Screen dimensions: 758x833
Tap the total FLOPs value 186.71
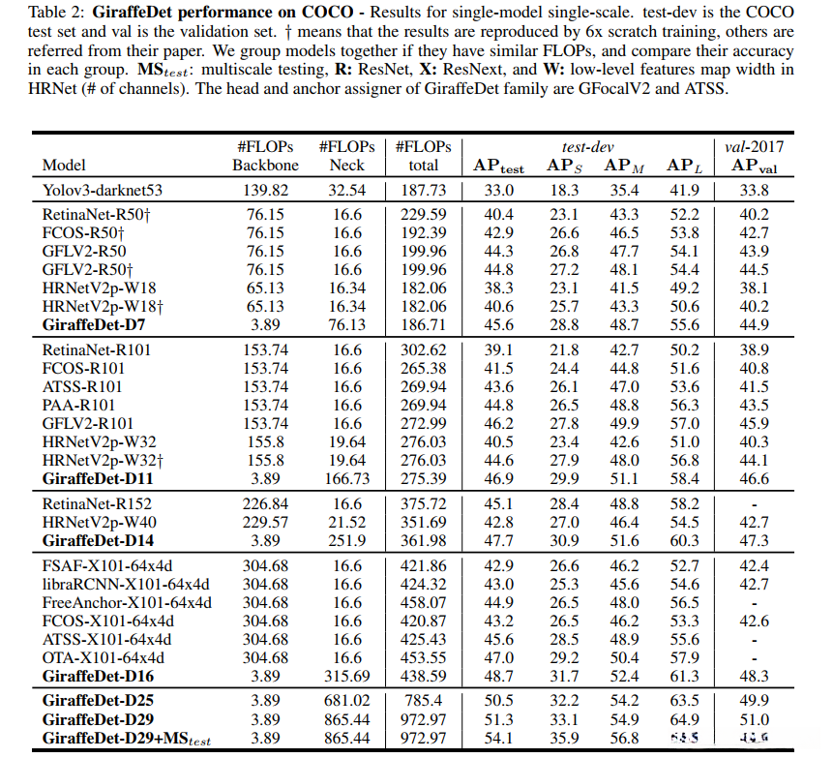[x=424, y=325]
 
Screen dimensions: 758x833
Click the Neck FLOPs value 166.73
[x=346, y=479]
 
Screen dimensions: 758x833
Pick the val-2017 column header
[x=755, y=147]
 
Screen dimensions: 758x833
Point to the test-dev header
[x=590, y=147]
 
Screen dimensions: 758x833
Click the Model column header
[x=64, y=166]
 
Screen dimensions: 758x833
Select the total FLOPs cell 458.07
[x=424, y=603]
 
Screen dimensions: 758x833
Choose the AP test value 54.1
[x=499, y=740]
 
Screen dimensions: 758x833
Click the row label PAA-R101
[x=78, y=406]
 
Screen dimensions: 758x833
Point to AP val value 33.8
[x=755, y=192]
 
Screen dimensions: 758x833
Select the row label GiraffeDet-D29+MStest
[x=127, y=740]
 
